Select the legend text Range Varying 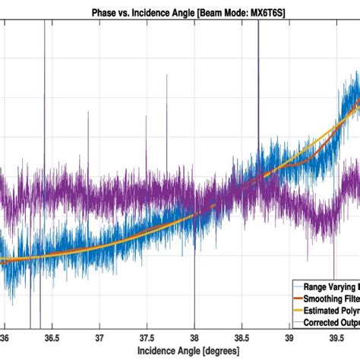(x=332, y=287)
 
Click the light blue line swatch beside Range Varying (x=297, y=287)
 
